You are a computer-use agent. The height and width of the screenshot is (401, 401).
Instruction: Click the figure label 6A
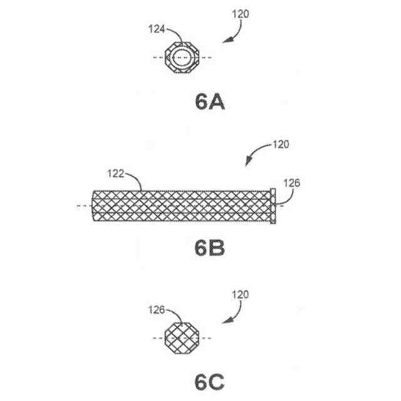pyautogui.click(x=209, y=102)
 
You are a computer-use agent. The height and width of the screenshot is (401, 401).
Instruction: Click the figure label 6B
pyautogui.click(x=209, y=248)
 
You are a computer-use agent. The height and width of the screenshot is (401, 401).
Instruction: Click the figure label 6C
pyautogui.click(x=209, y=380)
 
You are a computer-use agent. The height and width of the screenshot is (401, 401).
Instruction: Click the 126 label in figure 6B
pyautogui.click(x=291, y=184)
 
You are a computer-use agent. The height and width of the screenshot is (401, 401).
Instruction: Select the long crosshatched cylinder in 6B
pyautogui.click(x=182, y=206)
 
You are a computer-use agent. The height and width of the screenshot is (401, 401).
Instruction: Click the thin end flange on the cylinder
pyautogui.click(x=273, y=205)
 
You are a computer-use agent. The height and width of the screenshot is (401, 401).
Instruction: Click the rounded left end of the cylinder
pyautogui.click(x=95, y=206)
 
